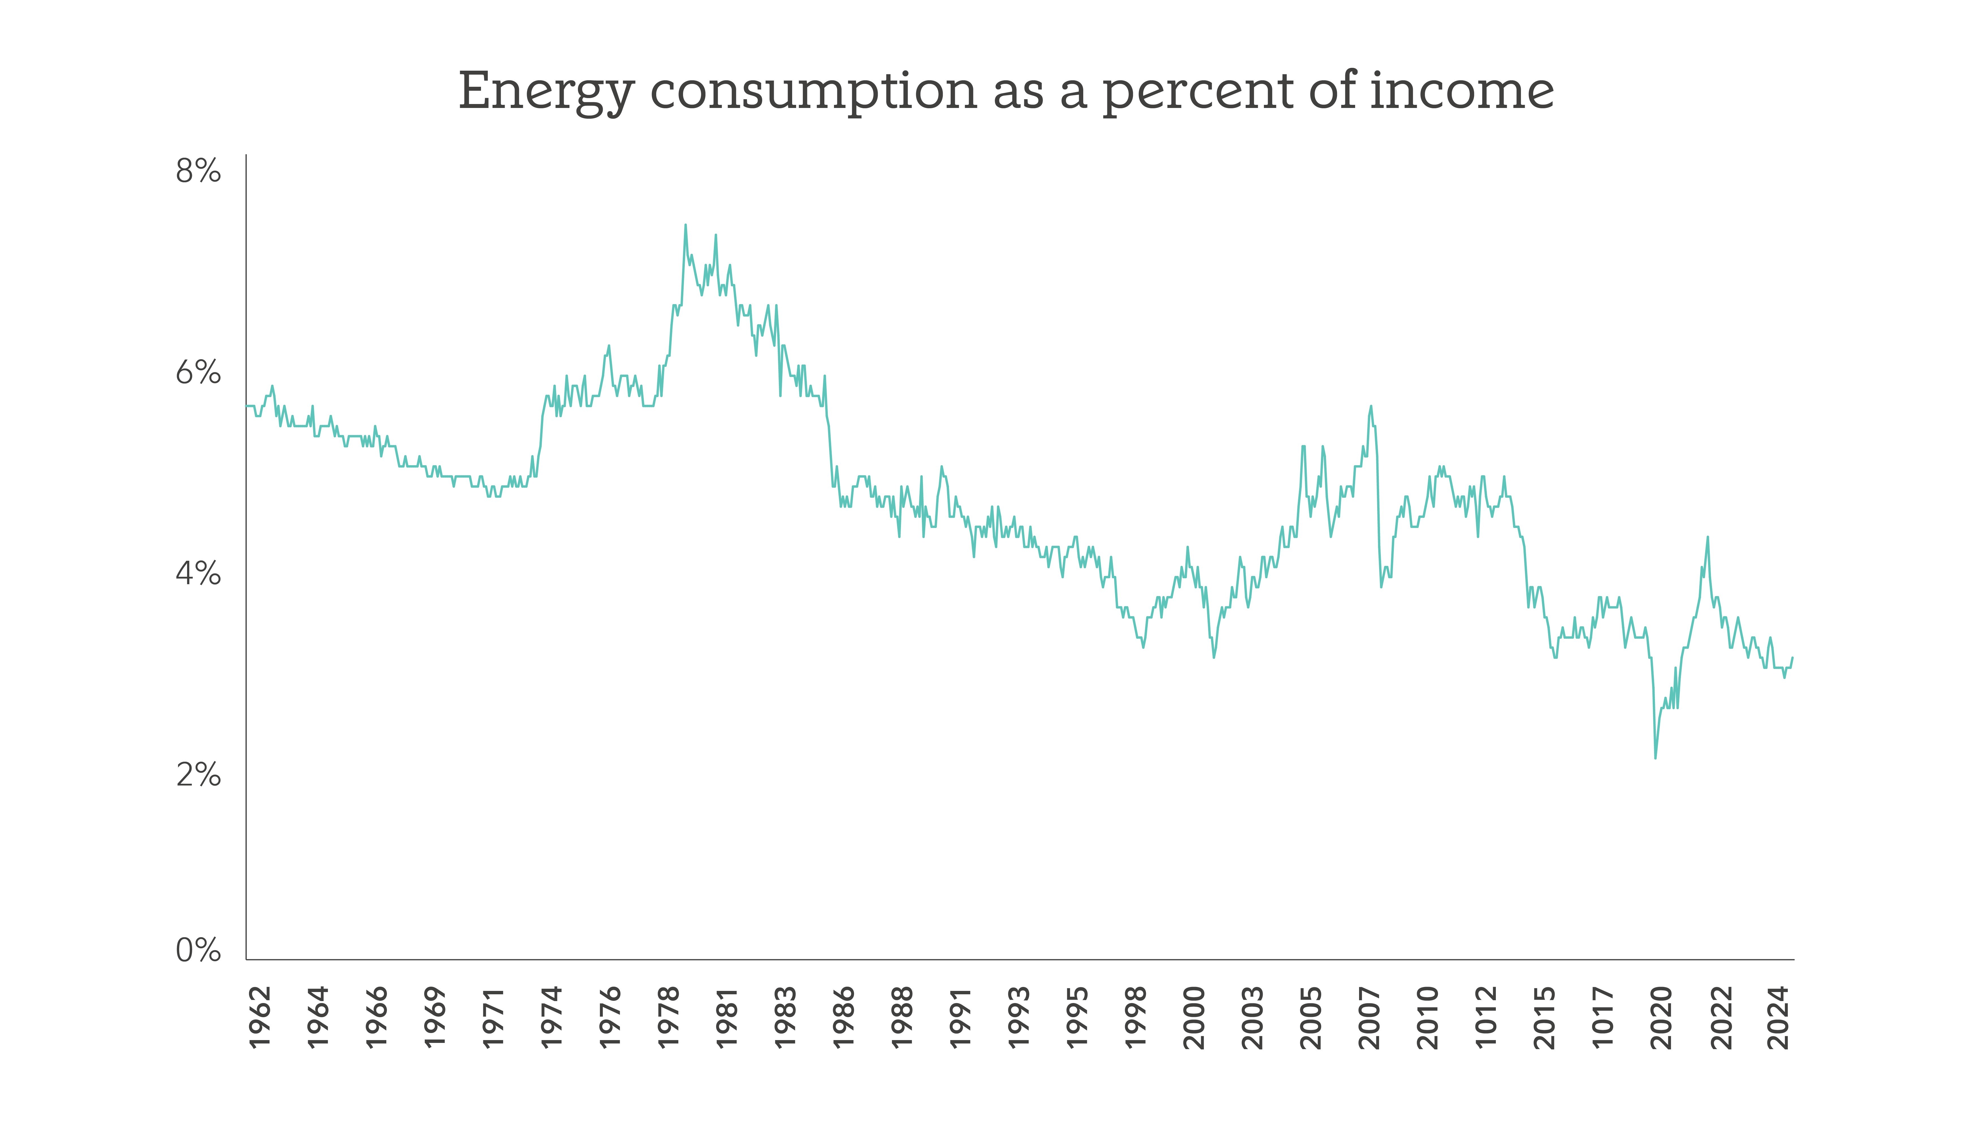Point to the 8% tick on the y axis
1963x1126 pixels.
click(198, 171)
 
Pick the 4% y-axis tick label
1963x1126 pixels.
click(198, 574)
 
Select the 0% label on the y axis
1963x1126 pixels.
click(198, 950)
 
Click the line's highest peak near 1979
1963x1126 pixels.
click(685, 225)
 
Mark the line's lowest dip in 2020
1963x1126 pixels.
click(1655, 758)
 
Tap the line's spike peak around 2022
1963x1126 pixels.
click(1708, 537)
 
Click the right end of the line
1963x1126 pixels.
click(1792, 657)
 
